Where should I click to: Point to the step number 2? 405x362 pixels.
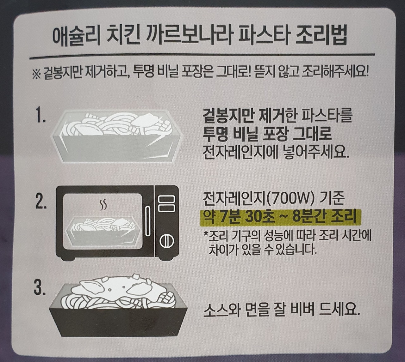coord(41,203)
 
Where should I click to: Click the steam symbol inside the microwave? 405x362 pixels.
coord(103,205)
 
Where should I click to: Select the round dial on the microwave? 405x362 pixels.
coord(166,241)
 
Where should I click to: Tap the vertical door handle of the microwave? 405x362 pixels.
coord(148,221)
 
